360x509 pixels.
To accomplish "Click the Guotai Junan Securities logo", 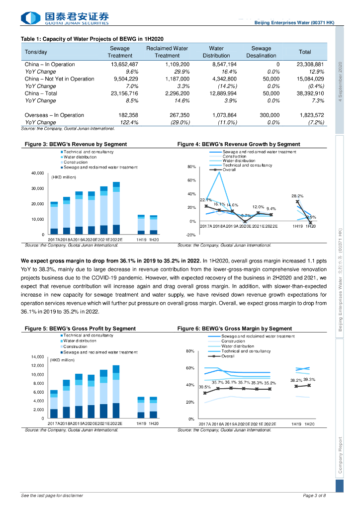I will pyautogui.click(x=65, y=18).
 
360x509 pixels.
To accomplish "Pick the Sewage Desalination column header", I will pyautogui.click(x=261, y=52).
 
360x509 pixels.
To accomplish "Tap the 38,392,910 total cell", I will pyautogui.click(x=310, y=93).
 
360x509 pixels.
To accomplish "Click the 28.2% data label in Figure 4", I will pyautogui.click(x=297, y=196).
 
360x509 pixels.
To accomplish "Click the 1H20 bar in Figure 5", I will pyautogui.click(x=153, y=408).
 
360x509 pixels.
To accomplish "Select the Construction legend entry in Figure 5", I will pyautogui.click(x=76, y=346).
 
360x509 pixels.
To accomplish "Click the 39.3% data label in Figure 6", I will pyautogui.click(x=310, y=380).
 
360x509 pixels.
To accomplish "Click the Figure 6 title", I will pyautogui.click(x=235, y=329).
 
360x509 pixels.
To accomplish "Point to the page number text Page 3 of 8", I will pyautogui.click(x=314, y=496).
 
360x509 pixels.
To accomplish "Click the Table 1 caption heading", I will pyautogui.click(x=92, y=39).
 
